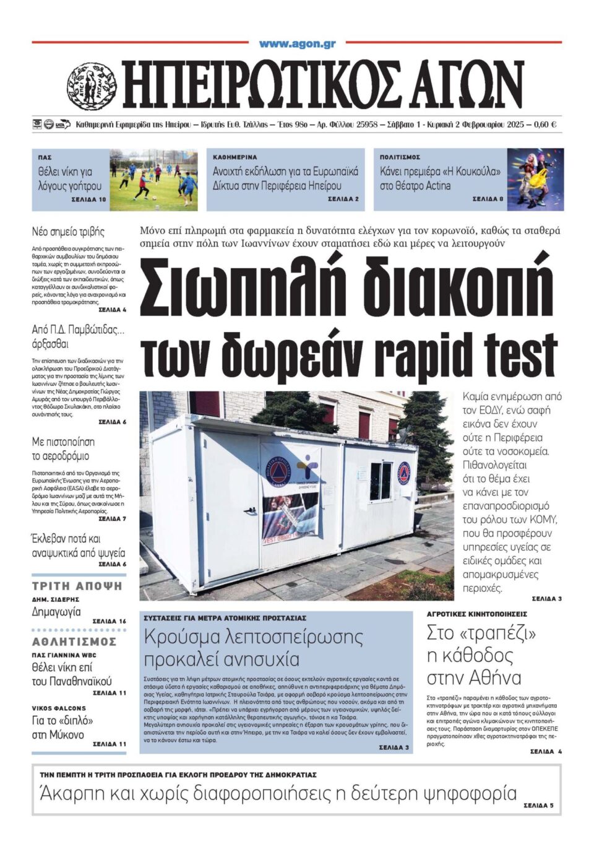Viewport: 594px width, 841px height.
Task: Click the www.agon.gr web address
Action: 297,44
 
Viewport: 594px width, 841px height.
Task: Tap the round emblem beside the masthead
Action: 92,86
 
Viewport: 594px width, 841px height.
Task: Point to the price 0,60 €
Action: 544,124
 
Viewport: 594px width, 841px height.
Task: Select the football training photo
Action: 153,180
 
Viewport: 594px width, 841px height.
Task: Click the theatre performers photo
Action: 535,180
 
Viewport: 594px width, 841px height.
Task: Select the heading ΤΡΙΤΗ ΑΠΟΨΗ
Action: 77,586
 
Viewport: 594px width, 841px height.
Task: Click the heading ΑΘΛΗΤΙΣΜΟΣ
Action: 74,642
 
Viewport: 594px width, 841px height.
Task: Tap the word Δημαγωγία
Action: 56,612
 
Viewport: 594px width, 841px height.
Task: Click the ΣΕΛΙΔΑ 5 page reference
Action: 538,806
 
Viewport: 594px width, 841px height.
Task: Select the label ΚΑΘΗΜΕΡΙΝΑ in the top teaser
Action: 235,157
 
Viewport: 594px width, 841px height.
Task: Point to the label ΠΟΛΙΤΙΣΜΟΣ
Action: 400,157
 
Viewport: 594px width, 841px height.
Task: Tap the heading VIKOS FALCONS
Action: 59,708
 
